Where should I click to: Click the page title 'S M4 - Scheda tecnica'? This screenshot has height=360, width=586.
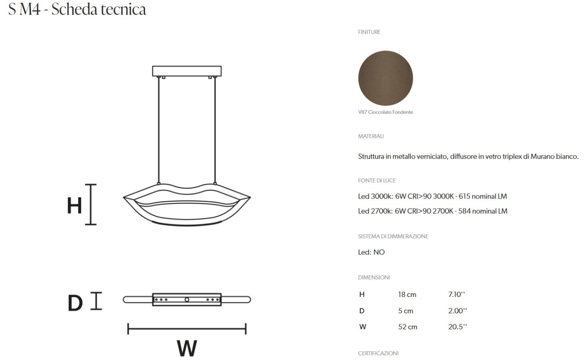click(x=77, y=10)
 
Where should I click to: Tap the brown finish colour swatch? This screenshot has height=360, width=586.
click(x=385, y=78)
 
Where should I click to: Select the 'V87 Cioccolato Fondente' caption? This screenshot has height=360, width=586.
click(x=385, y=112)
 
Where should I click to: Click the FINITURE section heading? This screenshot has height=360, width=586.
click(x=369, y=32)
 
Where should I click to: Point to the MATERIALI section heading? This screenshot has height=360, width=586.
click(x=371, y=136)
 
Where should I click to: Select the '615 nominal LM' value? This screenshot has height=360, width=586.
click(x=483, y=196)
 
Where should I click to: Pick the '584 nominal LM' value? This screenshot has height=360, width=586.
click(x=483, y=211)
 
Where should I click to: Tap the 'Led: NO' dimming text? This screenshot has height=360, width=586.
click(x=371, y=253)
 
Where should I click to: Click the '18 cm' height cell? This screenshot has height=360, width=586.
click(x=407, y=295)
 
